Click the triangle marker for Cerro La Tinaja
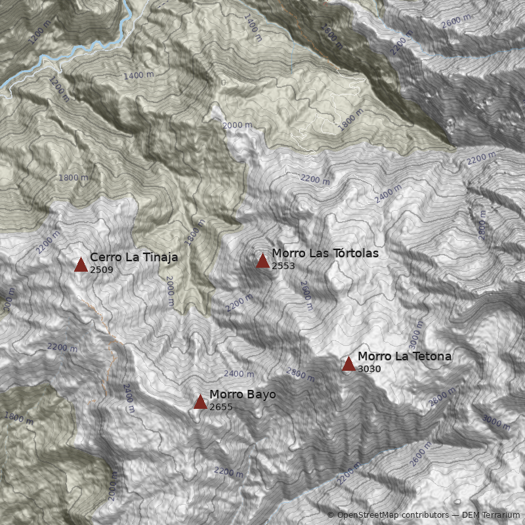(x=81, y=264)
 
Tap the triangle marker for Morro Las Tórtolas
(x=262, y=261)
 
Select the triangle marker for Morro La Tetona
(x=348, y=364)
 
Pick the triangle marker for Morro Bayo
(x=200, y=402)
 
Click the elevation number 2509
(x=102, y=270)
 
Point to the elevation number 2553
(x=283, y=266)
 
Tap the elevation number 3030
(x=369, y=369)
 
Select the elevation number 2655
(x=221, y=407)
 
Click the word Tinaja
(x=157, y=257)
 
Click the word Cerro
(x=105, y=257)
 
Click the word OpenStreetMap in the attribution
(x=369, y=515)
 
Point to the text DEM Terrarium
(x=491, y=515)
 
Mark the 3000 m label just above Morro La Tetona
(x=415, y=335)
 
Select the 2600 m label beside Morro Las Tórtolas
(x=306, y=291)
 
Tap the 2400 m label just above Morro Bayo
(x=239, y=373)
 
